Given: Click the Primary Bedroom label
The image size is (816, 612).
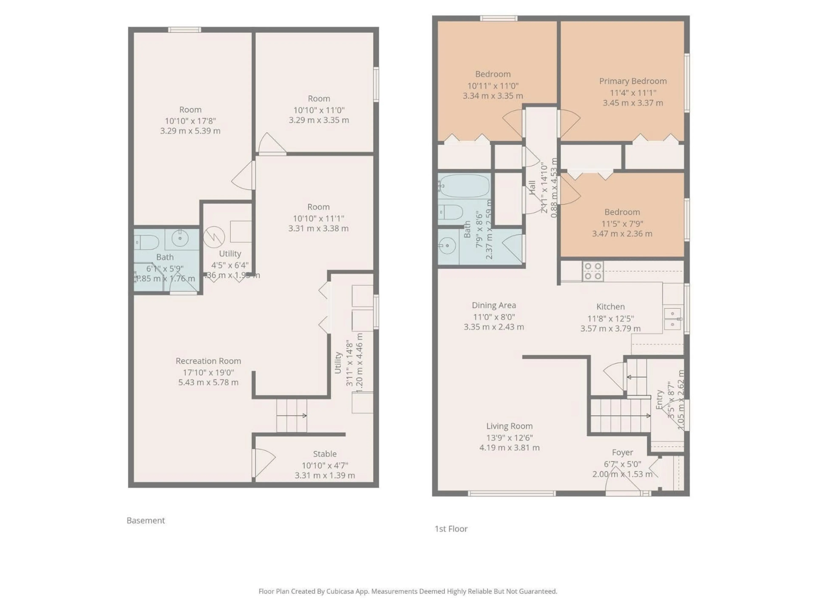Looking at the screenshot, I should (x=633, y=81).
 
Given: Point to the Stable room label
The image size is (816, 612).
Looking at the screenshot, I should (x=325, y=454).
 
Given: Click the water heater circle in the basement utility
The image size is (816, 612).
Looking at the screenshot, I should (x=214, y=237).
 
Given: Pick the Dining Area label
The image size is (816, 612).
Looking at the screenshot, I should (x=494, y=305).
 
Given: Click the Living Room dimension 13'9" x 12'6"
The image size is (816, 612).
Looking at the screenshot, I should (x=509, y=438).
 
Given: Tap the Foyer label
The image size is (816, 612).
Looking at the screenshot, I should (x=622, y=452).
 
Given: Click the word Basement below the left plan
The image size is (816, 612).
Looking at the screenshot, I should (x=146, y=520).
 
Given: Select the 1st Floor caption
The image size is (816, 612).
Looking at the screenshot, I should (x=451, y=529).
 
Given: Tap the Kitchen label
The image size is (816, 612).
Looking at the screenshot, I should (x=611, y=307).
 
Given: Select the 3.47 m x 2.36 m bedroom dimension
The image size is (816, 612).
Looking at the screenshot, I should (x=622, y=234).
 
